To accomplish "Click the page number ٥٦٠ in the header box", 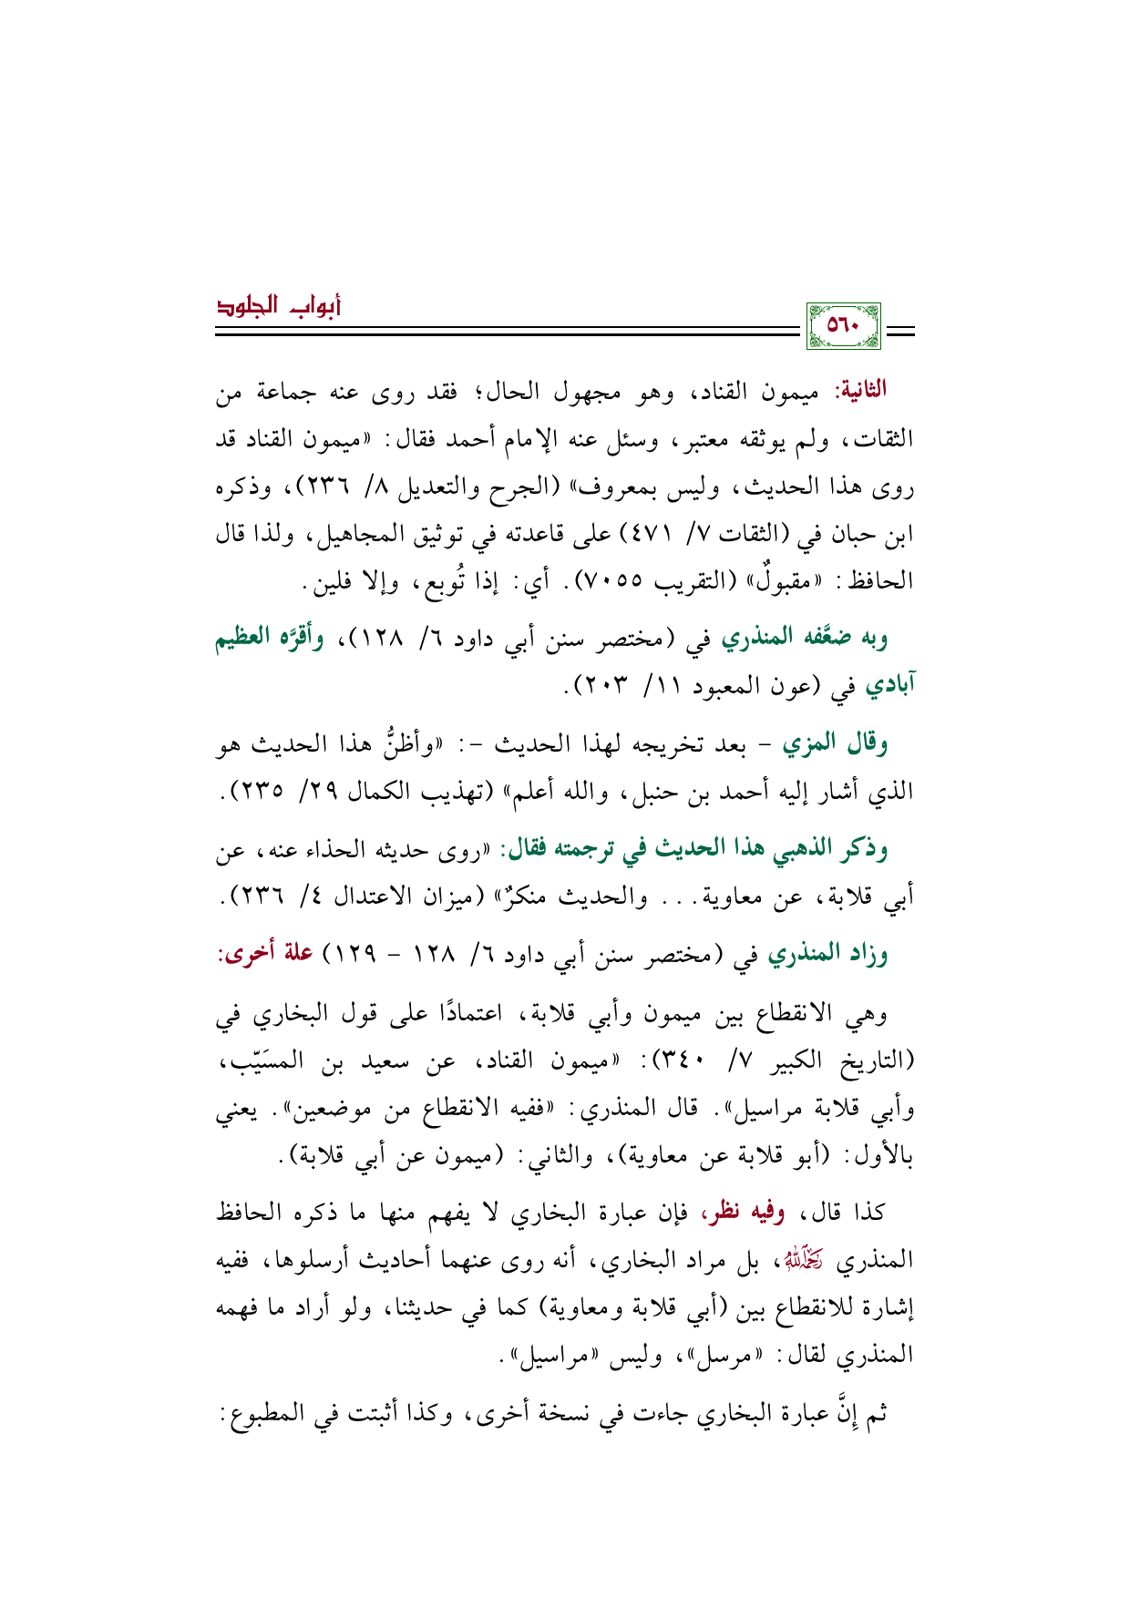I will [x=843, y=325].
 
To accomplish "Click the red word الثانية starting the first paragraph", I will [x=858, y=391].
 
